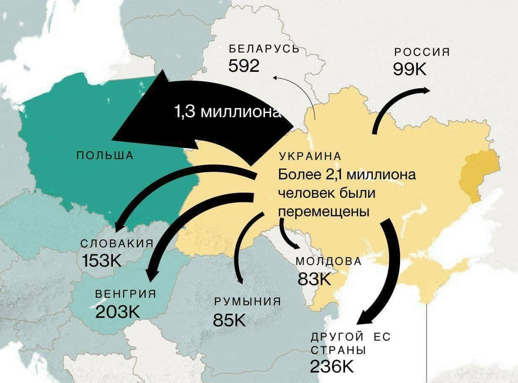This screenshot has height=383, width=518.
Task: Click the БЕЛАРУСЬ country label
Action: coord(264,49)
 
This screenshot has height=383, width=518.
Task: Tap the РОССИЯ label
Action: coord(421,52)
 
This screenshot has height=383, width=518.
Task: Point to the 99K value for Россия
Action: coord(409,68)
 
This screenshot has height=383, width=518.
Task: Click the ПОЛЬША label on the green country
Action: coord(105,155)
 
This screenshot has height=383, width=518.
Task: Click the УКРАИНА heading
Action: coord(310,157)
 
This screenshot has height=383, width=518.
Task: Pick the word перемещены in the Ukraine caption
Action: coord(324,212)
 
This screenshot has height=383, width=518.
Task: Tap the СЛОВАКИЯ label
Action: coord(116,244)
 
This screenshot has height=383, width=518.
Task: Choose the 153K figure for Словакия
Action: coord(102,261)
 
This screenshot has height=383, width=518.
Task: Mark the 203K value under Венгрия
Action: coord(118,312)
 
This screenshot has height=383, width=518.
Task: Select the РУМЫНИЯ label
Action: coord(247,302)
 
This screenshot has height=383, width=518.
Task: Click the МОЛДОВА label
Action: coord(329,261)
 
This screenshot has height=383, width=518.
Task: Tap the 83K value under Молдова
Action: coord(314,278)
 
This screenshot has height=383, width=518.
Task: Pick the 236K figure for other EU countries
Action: coord(332,366)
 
